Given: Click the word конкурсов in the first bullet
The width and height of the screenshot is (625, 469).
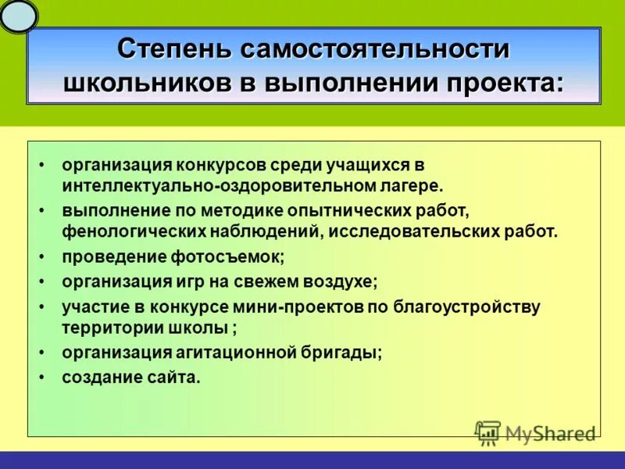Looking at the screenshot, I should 221,166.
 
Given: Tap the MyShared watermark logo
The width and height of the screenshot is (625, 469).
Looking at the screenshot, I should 535,432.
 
